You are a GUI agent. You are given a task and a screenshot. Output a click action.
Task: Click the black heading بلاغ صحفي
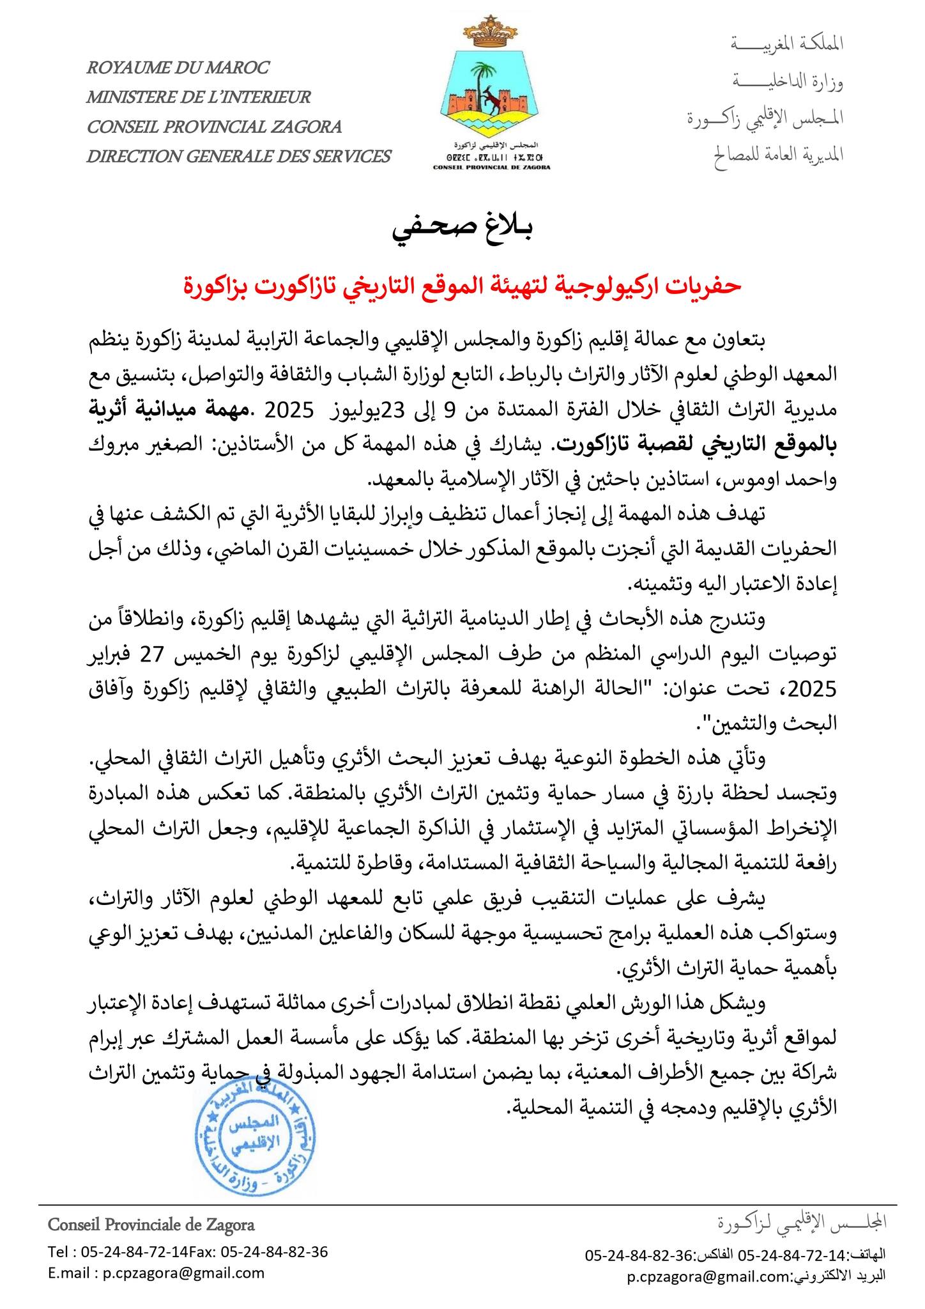462,232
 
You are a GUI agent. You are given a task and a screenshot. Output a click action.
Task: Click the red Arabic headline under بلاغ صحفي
462,286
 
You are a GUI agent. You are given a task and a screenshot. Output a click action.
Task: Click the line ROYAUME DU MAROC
178,68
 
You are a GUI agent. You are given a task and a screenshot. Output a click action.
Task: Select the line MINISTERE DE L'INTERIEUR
199,97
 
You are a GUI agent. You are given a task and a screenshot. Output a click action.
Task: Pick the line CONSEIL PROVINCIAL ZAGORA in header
214,127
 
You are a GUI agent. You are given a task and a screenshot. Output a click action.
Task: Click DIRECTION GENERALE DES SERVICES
238,156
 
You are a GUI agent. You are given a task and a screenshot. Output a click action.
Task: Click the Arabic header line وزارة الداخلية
787,81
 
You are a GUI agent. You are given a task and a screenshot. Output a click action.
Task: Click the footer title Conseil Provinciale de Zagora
151,1225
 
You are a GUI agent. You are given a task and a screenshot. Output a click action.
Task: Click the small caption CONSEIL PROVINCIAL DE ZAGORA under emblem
491,167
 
